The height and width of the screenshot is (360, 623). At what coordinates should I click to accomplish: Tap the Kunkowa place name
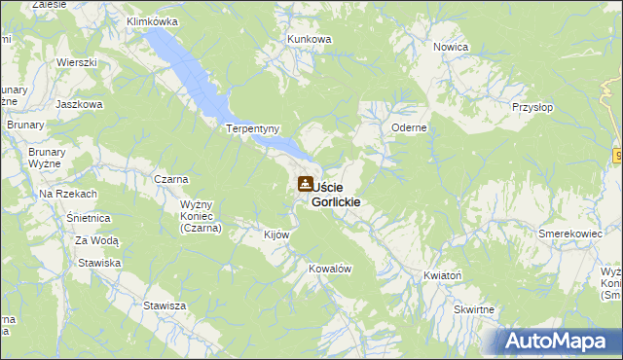coord(310,39)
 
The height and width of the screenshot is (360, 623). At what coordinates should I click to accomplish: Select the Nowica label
coord(452,47)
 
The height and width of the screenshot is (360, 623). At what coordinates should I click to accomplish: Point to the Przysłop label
coord(532,109)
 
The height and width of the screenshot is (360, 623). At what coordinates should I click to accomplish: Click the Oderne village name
coord(410,127)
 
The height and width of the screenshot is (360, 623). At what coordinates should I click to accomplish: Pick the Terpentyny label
coord(253,128)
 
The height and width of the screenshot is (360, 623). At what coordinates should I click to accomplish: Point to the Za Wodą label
coord(97,240)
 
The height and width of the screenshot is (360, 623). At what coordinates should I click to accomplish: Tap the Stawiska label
coord(100,263)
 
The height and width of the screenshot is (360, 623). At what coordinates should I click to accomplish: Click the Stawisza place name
coord(165,306)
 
